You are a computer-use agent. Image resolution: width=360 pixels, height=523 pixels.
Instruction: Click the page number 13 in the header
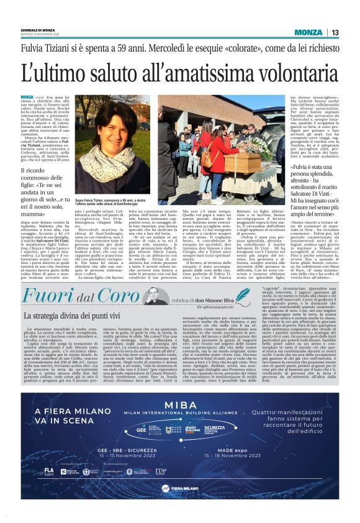tap(335, 32)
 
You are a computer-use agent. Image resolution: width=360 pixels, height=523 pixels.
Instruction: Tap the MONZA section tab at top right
tap(308, 32)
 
